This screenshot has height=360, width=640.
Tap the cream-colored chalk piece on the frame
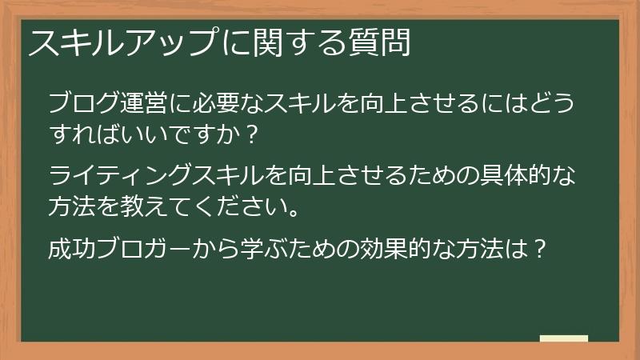(x=565, y=338)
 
